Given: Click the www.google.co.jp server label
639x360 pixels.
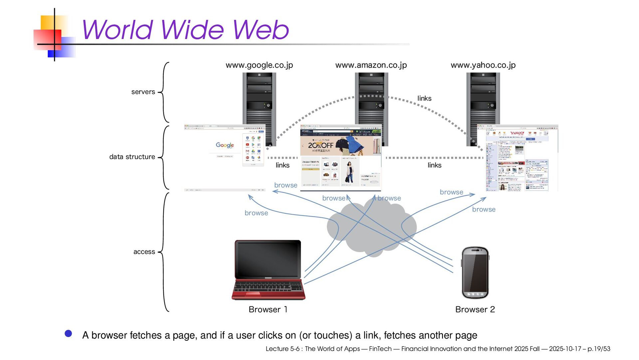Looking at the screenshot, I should [x=259, y=65].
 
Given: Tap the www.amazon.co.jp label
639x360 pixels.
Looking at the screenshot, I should [x=371, y=65].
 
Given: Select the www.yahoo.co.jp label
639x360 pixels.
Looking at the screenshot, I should [x=483, y=65].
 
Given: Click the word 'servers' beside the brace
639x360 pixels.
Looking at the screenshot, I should [x=143, y=92].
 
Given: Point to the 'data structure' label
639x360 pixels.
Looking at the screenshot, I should [x=132, y=157].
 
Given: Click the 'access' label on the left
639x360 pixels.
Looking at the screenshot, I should [x=144, y=252].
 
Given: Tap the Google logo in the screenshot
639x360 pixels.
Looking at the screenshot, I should [x=225, y=145].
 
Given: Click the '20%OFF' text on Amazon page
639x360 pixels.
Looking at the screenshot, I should [x=320, y=146].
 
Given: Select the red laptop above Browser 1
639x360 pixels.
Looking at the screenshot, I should [x=268, y=270].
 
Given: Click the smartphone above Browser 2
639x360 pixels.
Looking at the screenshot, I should [x=475, y=273].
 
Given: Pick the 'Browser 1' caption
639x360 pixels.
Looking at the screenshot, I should [x=268, y=309].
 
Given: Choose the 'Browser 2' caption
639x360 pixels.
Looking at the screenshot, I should [x=475, y=309].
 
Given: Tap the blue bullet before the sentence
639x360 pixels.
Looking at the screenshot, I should [x=69, y=334].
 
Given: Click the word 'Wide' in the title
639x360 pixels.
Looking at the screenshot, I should [x=193, y=30].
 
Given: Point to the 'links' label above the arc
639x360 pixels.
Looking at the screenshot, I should [x=424, y=98].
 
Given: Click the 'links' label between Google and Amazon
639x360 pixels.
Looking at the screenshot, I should [x=283, y=165].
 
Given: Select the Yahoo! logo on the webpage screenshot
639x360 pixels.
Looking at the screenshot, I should [x=517, y=133].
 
